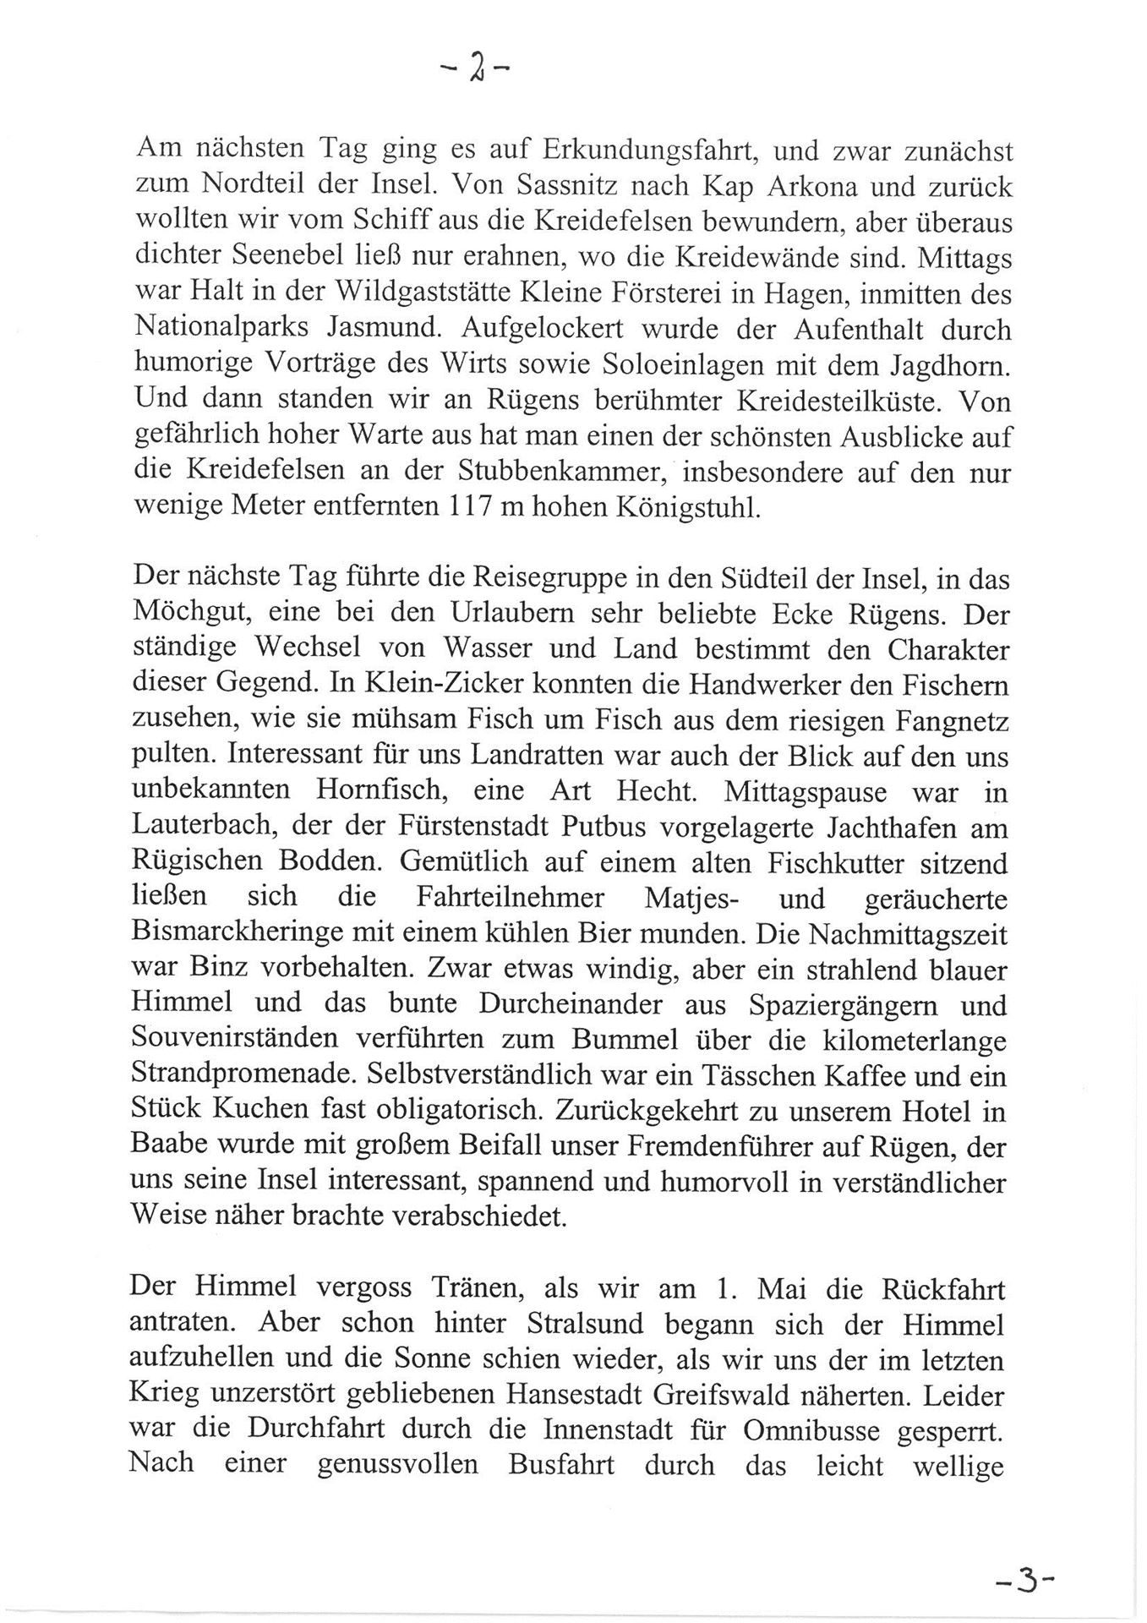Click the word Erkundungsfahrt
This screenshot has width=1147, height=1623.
pyautogui.click(x=642, y=150)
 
